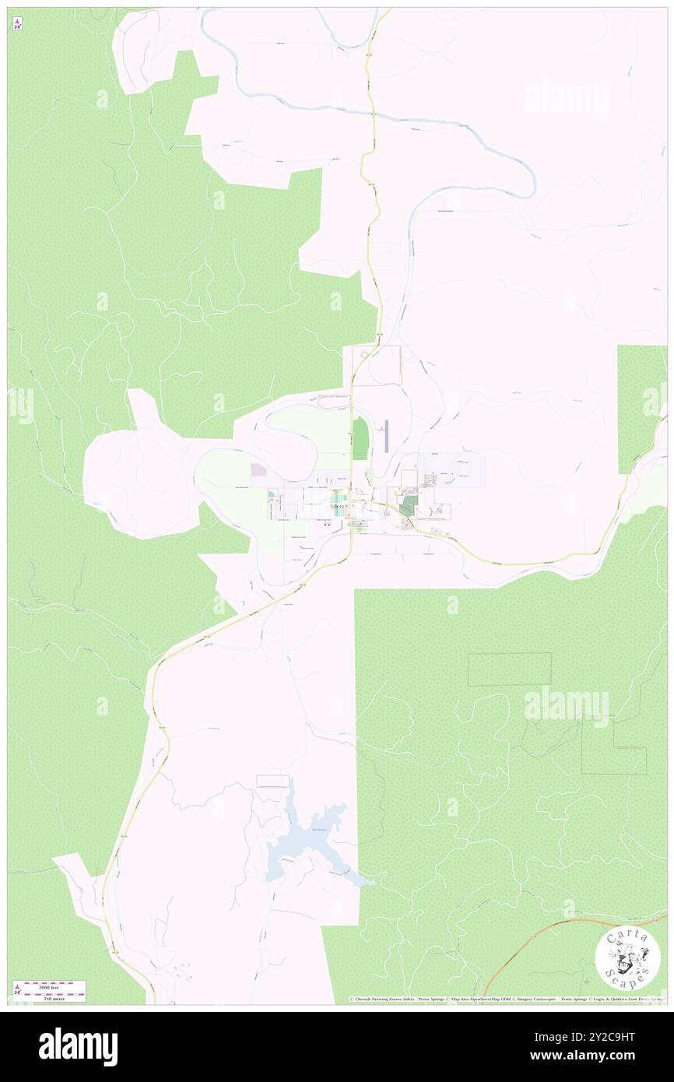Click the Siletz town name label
click(338, 506)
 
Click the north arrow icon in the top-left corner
click(17, 24)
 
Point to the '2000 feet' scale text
click(54, 986)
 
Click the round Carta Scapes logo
click(627, 959)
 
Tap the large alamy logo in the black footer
click(78, 1047)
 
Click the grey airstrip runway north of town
click(386, 436)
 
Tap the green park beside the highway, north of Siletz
click(359, 438)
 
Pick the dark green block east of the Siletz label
click(408, 505)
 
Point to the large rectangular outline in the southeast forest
click(509, 669)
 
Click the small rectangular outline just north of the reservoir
click(272, 782)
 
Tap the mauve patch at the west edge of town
click(258, 470)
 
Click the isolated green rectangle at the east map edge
click(641, 409)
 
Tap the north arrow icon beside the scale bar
click(17, 991)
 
